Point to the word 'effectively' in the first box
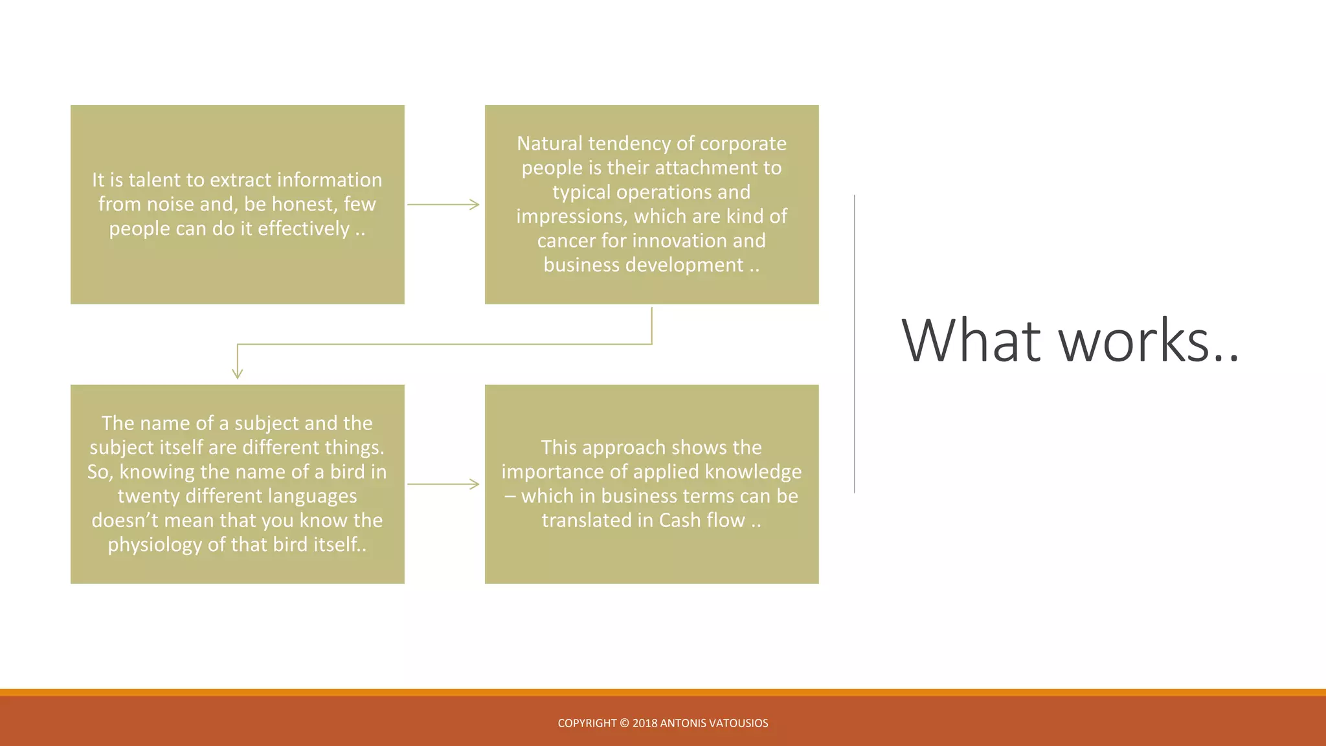pyautogui.click(x=304, y=229)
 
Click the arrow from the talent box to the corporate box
pyautogui.click(x=444, y=205)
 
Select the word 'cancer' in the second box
pyautogui.click(x=566, y=241)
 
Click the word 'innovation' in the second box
pyautogui.click(x=679, y=241)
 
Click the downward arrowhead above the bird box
pyautogui.click(x=238, y=373)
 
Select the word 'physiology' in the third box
pyautogui.click(x=155, y=545)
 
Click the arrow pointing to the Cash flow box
pyautogui.click(x=444, y=484)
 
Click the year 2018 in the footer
pyautogui.click(x=644, y=723)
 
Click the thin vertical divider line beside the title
pyautogui.click(x=855, y=343)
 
